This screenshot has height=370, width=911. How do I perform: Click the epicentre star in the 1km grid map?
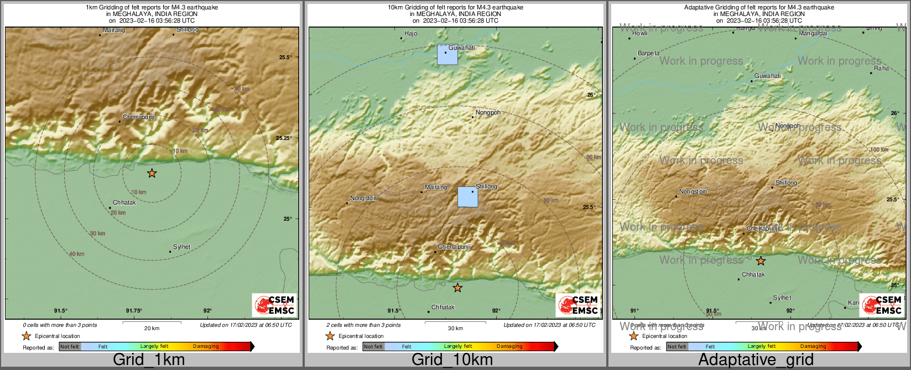click(152, 174)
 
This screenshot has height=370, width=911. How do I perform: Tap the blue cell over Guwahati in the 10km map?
click(447, 55)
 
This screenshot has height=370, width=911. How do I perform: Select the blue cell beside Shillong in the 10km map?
click(468, 197)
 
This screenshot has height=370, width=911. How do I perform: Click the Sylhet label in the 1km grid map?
click(181, 247)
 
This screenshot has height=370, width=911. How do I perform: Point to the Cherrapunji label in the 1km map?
click(139, 117)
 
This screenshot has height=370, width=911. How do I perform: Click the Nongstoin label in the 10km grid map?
click(364, 199)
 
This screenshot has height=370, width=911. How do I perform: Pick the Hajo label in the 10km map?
click(410, 34)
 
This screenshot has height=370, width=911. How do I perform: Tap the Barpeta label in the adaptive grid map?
click(648, 54)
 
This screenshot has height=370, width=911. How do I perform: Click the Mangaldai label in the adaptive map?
click(813, 34)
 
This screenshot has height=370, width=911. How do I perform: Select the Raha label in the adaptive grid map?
click(881, 69)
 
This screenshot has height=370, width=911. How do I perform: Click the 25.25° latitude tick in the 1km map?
click(284, 138)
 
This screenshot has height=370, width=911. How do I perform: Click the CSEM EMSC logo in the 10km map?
click(578, 305)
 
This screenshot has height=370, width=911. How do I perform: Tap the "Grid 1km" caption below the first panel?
click(149, 359)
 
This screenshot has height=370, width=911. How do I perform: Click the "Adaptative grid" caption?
click(756, 359)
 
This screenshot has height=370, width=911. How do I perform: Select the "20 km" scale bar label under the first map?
click(152, 329)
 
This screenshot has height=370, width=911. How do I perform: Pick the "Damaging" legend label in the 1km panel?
click(206, 347)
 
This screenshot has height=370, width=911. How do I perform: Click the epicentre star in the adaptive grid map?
click(761, 261)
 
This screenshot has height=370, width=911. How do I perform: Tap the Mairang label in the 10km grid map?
click(435, 187)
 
